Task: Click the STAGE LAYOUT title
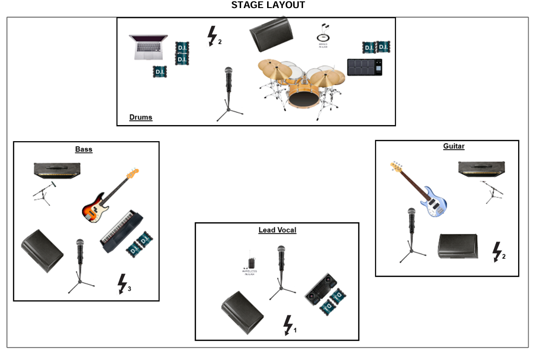[268, 5]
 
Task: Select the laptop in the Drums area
[148, 47]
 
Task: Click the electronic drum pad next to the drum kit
[364, 67]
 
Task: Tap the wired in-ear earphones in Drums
[323, 35]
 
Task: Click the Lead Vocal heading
[277, 230]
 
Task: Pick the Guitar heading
[453, 146]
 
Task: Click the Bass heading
[84, 149]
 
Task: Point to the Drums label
[141, 117]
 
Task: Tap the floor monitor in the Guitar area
[457, 246]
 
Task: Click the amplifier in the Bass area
[57, 170]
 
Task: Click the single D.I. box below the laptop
[160, 72]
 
